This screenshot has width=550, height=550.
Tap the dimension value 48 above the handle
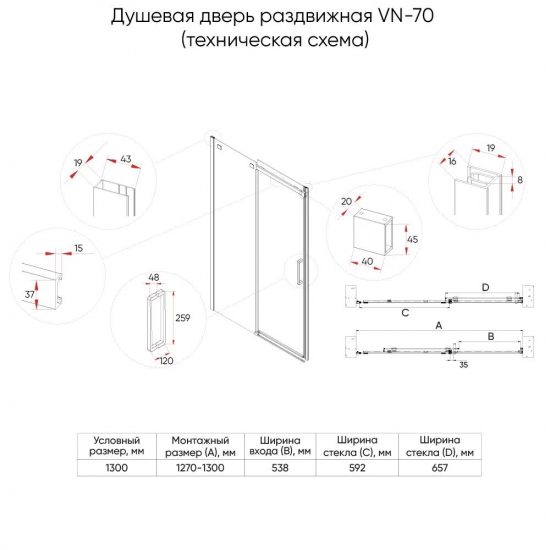155,279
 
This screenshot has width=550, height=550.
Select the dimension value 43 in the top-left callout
125,161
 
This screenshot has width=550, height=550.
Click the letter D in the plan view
484,288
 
